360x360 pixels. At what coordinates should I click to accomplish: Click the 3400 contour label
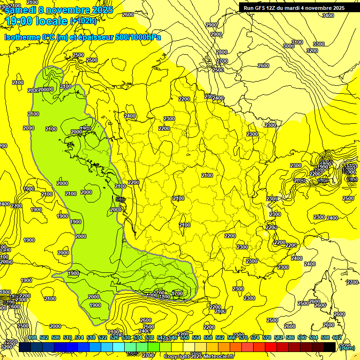coord(328,15)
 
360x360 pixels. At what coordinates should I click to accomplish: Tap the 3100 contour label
coord(297,43)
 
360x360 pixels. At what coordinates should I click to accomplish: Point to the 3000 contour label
coord(289,46)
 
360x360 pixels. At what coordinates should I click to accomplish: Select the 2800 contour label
coord(222,52)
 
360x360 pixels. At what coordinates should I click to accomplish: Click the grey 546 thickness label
coord(120,200)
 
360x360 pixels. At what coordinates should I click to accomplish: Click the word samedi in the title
coord(21,10)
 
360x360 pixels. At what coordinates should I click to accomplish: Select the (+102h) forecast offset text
coord(84,21)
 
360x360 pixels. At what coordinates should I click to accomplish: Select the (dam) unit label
coord(347,347)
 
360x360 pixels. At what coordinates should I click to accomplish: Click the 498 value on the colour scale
coord(32,337)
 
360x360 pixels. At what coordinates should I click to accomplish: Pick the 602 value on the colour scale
coord(337,337)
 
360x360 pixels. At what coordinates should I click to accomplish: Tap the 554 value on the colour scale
coord(196,337)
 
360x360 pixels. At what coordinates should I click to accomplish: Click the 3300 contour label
coord(319,44)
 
